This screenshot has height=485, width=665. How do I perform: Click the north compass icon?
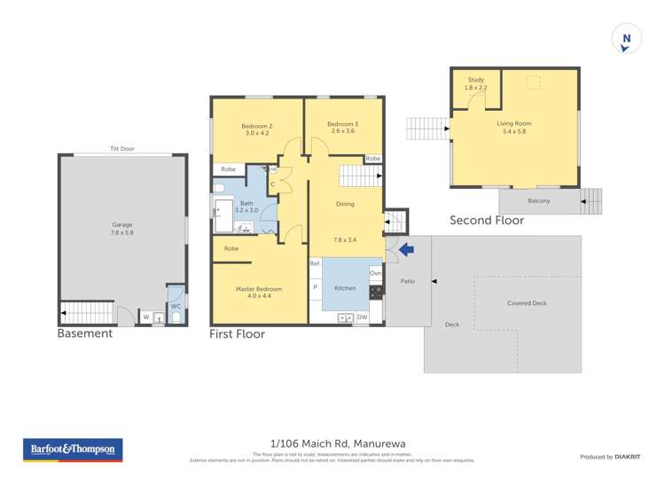(x=626, y=39)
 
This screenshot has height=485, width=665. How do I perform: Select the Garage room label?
(x=122, y=228)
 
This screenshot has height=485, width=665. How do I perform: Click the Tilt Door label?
(x=121, y=148)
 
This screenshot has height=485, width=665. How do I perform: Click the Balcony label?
(x=538, y=201)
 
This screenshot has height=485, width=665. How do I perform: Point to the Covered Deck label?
(x=527, y=303)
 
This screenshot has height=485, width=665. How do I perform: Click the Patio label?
(x=408, y=281)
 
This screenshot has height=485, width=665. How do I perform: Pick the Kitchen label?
(x=345, y=288)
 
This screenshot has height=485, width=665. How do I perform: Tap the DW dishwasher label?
(x=362, y=317)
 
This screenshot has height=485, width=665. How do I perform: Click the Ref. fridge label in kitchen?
(x=315, y=263)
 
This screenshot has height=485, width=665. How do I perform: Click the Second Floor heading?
(x=487, y=220)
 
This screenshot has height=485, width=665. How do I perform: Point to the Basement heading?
(x=84, y=334)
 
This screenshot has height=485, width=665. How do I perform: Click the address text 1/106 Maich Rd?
(x=332, y=443)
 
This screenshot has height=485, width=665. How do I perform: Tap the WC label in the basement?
(x=176, y=306)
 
